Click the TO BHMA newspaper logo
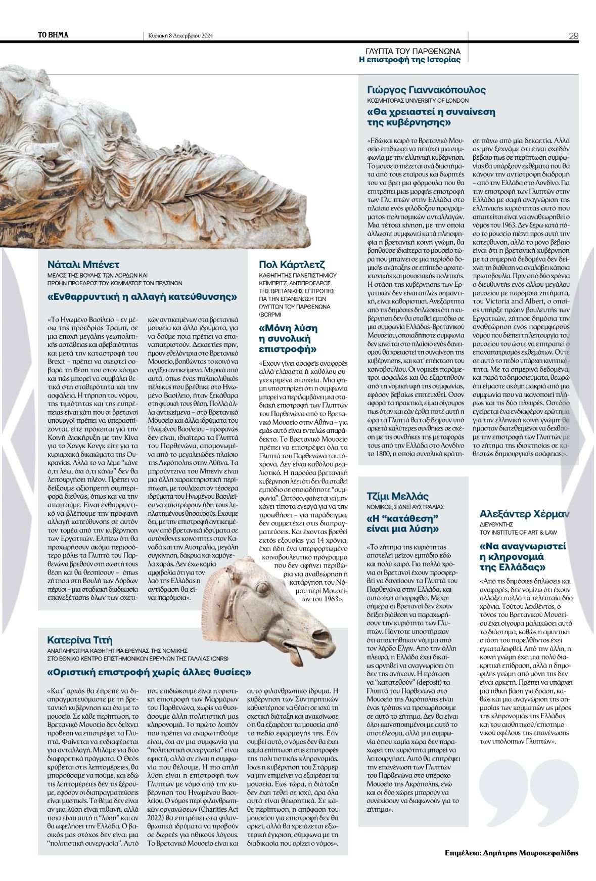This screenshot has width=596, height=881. point(53,35)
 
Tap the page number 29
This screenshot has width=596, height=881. point(573,36)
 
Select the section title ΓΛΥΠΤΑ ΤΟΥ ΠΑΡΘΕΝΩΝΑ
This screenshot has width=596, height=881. point(413,51)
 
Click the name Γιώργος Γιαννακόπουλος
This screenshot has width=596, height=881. point(426,90)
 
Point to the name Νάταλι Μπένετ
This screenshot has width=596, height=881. point(83,265)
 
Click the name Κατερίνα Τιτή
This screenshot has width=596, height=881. point(79,640)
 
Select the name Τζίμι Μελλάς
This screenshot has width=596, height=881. point(397,496)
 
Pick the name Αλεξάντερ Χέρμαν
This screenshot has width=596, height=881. point(524,514)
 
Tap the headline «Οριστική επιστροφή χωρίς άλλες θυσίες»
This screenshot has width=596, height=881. point(149,673)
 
